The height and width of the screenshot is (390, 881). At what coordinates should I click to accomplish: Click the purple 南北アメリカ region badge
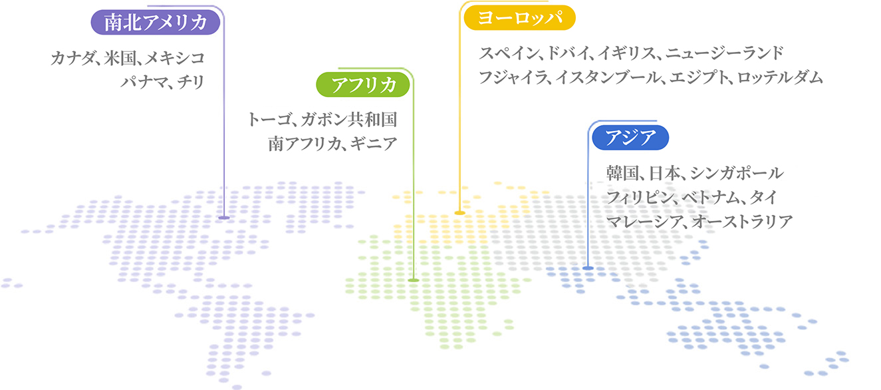tap(156, 22)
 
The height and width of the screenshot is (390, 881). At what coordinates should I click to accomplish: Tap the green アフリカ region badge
tap(363, 85)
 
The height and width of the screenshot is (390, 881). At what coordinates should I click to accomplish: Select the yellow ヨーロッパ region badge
tap(519, 18)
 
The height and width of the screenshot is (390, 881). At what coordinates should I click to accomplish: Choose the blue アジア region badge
tap(630, 137)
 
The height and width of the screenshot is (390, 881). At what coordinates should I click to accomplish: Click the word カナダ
tap(72, 59)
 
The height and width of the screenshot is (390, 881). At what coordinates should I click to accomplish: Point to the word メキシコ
tap(175, 59)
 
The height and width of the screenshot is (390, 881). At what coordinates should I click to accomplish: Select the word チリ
tap(191, 83)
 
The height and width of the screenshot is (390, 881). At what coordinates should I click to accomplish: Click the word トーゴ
tap(269, 120)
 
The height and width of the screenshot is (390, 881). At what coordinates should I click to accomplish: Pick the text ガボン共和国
tap(349, 120)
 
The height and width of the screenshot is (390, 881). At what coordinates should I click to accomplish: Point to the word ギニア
tap(374, 144)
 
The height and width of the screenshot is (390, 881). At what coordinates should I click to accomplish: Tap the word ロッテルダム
tap(780, 77)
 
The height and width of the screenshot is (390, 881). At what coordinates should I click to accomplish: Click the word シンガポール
tap(737, 173)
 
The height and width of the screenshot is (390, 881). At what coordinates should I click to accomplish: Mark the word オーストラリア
tap(742, 222)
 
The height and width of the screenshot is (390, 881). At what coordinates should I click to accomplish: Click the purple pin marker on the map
tap(224, 217)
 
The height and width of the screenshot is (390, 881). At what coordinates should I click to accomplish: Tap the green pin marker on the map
tap(414, 280)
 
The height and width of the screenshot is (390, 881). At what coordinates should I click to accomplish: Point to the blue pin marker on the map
tap(588, 268)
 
